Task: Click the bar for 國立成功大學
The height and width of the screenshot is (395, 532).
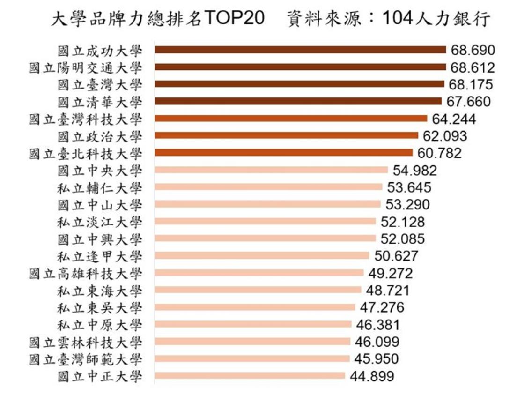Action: point(300,50)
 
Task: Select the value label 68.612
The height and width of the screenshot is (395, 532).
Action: point(473,67)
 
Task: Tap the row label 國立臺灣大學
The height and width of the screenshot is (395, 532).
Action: point(99,84)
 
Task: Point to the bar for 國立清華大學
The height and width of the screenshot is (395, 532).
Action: point(298,101)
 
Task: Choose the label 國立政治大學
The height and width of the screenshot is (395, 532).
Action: point(99,136)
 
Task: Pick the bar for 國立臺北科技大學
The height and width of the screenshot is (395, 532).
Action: point(283,153)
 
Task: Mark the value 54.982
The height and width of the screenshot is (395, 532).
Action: point(414,171)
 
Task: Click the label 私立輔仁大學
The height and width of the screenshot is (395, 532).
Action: point(99,187)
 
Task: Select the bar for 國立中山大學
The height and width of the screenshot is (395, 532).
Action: point(267,204)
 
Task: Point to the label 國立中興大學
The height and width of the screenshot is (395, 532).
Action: point(99,239)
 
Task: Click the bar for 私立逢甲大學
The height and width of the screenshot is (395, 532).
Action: point(262,256)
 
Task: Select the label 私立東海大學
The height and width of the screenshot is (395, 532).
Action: point(99,291)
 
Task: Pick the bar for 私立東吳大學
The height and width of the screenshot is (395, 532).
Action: point(255,307)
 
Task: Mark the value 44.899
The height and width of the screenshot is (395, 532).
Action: point(371,376)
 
